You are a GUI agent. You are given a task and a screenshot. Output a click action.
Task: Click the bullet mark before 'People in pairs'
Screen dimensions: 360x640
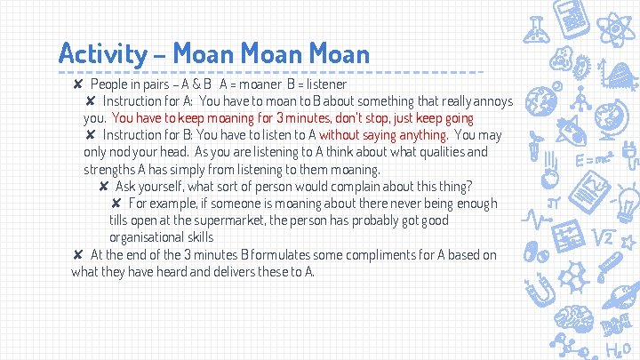coord(79,84)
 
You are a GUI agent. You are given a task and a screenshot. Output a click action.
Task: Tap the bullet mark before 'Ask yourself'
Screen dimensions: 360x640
coord(104,187)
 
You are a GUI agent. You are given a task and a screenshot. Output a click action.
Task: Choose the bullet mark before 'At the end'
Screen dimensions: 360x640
coord(79,255)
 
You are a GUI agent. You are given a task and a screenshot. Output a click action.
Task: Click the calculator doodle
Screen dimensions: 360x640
coord(570,18)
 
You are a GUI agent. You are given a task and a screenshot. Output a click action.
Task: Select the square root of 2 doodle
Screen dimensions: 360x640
coord(604,237)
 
